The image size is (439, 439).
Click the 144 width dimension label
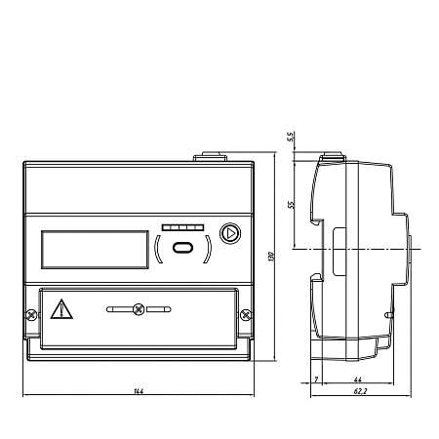coord(139,391)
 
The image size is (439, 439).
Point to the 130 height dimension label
coord(272,257)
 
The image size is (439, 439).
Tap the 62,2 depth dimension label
coord(361,391)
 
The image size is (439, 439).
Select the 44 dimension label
coord(358,379)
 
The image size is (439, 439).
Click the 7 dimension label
coord(316,379)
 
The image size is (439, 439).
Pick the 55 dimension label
coord(291,205)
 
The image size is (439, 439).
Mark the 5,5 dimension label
coord(291,137)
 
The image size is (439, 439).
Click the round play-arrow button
coord(230,233)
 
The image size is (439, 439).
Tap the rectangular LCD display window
coord(95,250)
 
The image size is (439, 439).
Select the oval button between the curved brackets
coord(182,248)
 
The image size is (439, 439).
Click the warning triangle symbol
coord(61,309)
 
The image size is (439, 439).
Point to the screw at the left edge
coord(32,315)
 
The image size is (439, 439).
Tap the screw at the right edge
coord(246,314)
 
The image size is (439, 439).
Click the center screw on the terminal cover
coord(139,309)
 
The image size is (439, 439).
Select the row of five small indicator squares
coord(182,227)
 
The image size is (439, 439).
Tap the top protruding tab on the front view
coord(211,156)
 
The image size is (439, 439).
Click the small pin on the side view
coord(389,315)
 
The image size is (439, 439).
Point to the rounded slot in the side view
coord(339,252)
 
